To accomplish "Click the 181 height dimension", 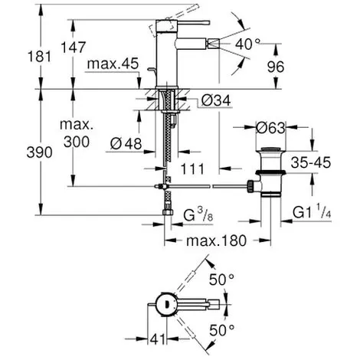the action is [39, 56].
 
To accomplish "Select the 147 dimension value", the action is [74, 47].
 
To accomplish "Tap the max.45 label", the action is [113, 64].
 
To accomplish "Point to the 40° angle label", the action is [248, 44].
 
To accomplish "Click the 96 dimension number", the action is [276, 67].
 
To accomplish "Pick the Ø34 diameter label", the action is [216, 100].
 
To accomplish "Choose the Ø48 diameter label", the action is [126, 143].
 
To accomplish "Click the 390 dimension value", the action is [39, 152].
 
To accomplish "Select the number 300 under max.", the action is [77, 142].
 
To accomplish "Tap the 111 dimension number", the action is [192, 169].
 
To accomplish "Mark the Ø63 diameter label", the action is [270, 128].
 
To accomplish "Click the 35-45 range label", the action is [311, 162].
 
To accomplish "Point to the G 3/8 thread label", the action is [198, 214].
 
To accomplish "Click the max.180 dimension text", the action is [217, 241].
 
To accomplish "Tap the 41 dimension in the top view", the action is [158, 339].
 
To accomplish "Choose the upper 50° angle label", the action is [221, 280].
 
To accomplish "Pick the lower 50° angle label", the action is [221, 330].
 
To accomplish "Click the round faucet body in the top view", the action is [165, 304].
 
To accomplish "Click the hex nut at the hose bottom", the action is [168, 212].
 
